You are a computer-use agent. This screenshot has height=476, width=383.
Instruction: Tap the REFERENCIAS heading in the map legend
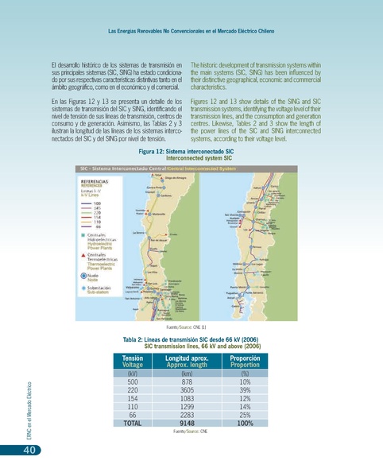tap(96, 181)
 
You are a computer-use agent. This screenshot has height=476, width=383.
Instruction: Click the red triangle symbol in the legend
tap(84, 254)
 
